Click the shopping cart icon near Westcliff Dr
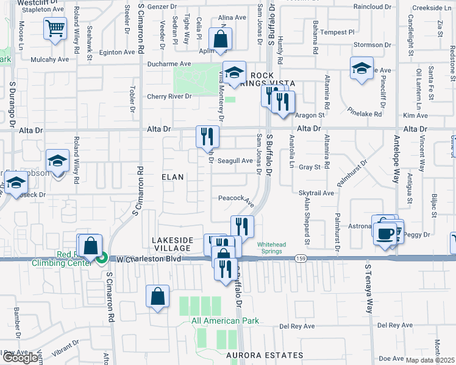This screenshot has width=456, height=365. (55, 28)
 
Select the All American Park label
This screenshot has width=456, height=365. (225, 321)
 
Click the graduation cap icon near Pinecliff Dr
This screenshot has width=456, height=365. (362, 68)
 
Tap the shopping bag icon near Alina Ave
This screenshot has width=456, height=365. (220, 40)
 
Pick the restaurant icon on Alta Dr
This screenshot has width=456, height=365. (207, 136)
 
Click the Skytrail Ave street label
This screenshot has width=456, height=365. (316, 192)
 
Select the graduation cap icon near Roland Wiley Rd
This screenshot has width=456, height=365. (57, 161)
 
